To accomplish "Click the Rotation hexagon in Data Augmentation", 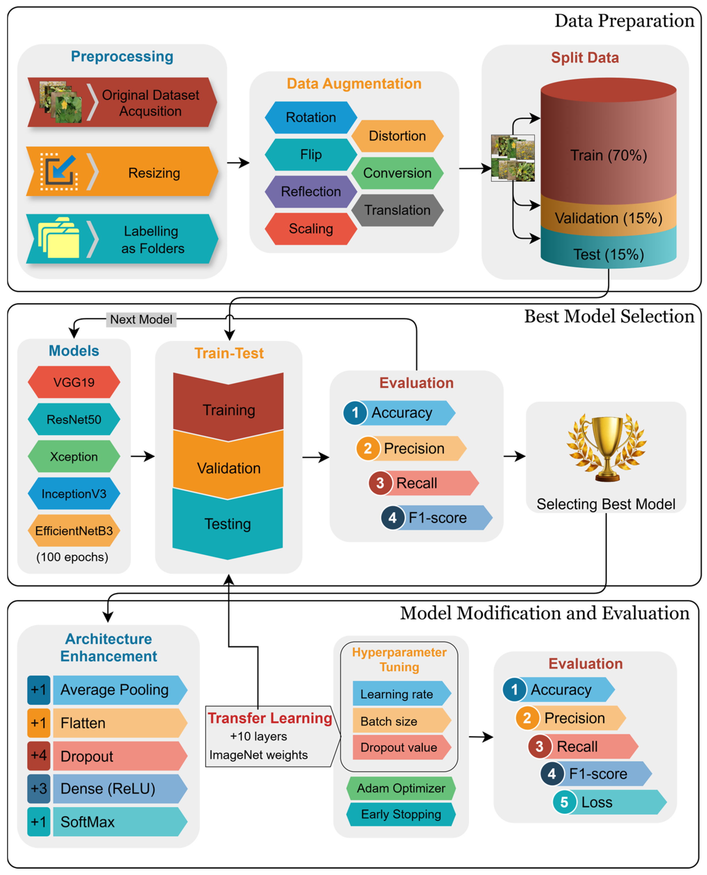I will pyautogui.click(x=311, y=118).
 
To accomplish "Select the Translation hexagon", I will pyautogui.click(x=397, y=210).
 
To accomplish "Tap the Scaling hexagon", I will pyautogui.click(x=311, y=229).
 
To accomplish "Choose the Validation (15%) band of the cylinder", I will pyautogui.click(x=608, y=218).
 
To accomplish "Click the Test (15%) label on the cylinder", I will pyautogui.click(x=608, y=254).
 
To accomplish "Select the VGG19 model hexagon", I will pyautogui.click(x=74, y=382).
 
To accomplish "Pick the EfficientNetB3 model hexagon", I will pyautogui.click(x=74, y=531).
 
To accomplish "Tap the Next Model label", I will pyautogui.click(x=141, y=319).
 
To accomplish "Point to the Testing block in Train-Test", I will pyautogui.click(x=228, y=524).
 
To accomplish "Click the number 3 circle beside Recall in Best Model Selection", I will pyautogui.click(x=380, y=483).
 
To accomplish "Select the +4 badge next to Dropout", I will pyautogui.click(x=39, y=755).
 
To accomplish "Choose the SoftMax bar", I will pyautogui.click(x=118, y=822).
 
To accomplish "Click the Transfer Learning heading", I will pyautogui.click(x=270, y=718).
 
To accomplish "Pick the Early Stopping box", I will pyautogui.click(x=401, y=814).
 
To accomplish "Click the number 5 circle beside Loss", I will pyautogui.click(x=564, y=802).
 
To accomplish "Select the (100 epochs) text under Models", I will pyautogui.click(x=73, y=557).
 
